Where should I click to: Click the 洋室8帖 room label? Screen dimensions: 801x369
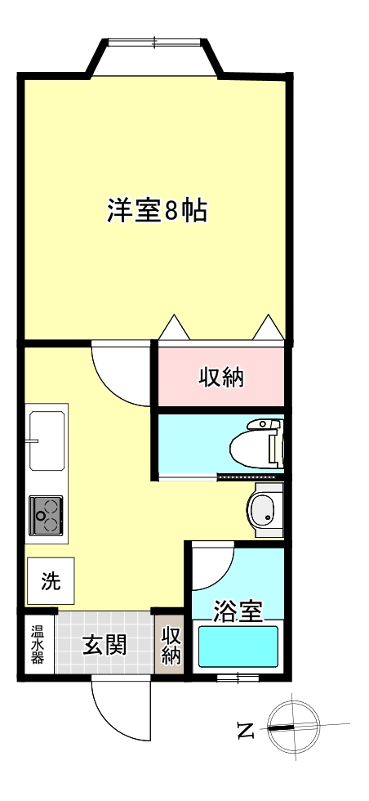[x=156, y=211]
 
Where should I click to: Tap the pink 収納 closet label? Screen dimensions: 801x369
[x=222, y=378]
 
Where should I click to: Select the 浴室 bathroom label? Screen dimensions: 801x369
[x=238, y=611]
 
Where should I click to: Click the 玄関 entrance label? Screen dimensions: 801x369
[x=104, y=644]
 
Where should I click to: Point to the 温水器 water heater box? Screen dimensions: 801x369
[x=38, y=644]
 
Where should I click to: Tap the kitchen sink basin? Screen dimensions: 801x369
[x=47, y=441]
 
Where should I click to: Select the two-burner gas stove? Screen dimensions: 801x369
[x=47, y=515]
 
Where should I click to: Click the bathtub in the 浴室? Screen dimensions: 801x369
[x=238, y=647]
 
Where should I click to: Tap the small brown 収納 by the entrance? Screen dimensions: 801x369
[x=171, y=645]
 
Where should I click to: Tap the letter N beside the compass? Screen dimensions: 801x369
[x=244, y=730]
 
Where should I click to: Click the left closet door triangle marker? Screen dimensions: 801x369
[x=174, y=328]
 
